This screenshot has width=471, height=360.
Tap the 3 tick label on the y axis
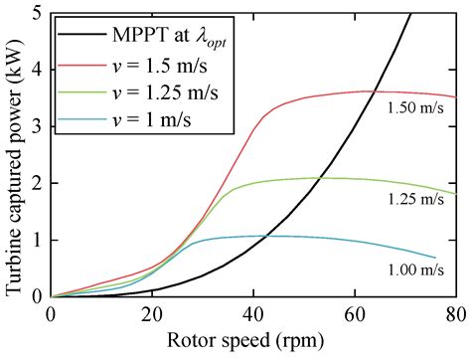click(36, 127)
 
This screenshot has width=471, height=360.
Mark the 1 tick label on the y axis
click(36, 240)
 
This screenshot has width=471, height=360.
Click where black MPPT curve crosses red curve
click(369, 91)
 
